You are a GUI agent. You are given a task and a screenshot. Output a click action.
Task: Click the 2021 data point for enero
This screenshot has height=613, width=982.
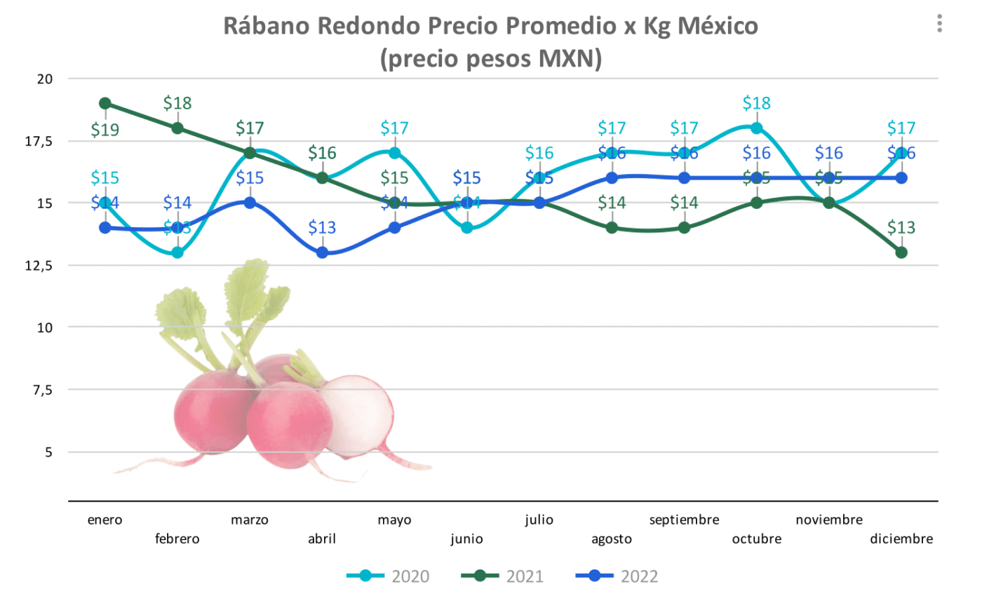[105, 104]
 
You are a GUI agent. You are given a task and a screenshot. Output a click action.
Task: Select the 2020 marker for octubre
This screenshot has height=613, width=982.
[756, 128]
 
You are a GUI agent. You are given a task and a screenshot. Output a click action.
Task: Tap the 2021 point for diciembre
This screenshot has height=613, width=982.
[901, 252]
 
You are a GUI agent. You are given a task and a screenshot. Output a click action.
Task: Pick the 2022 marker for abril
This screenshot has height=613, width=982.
[322, 252]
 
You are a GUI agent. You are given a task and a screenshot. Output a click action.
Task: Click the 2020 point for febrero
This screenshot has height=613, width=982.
[177, 252]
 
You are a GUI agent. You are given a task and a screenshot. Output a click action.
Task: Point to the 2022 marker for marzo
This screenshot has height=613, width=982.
[250, 203]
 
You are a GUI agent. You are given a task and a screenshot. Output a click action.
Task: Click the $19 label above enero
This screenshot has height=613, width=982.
[105, 130]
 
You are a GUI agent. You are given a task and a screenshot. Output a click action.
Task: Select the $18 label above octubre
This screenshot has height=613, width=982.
[756, 103]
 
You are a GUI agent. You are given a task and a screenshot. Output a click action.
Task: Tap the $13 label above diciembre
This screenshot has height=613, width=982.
[901, 227]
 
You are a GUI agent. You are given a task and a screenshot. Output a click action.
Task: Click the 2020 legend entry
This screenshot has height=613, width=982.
[389, 577]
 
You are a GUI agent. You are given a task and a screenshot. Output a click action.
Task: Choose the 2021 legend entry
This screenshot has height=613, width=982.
[503, 577]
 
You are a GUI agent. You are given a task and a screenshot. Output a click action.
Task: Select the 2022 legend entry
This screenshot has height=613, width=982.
[617, 577]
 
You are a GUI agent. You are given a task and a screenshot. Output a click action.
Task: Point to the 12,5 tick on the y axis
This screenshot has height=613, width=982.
[39, 265]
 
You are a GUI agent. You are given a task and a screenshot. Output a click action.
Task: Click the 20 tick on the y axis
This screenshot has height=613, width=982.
[45, 79]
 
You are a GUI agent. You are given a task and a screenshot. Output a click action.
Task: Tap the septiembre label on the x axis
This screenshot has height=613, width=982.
[684, 520]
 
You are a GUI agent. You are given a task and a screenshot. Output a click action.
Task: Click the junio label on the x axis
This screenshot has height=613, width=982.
[466, 539]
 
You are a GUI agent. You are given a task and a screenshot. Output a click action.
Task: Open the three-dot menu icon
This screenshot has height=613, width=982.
[939, 24]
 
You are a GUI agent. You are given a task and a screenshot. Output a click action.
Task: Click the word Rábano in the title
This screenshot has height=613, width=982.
[267, 26]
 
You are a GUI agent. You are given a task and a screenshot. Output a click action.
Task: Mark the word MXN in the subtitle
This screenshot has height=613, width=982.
[566, 58]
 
